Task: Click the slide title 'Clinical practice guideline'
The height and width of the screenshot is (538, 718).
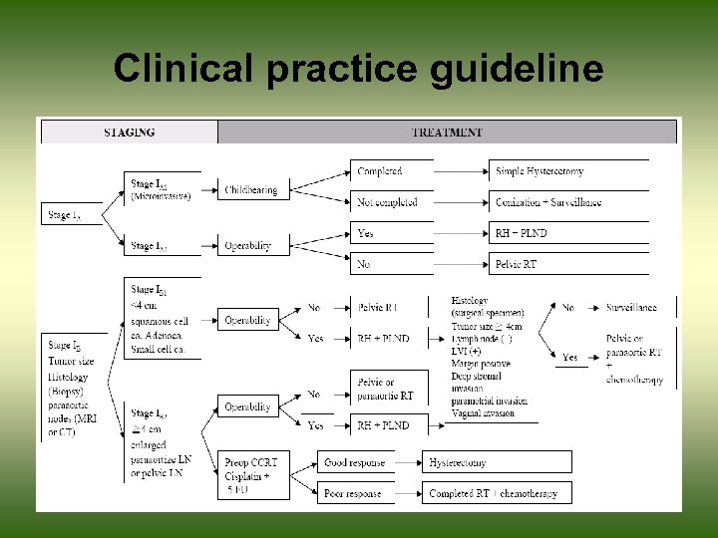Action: [358, 69]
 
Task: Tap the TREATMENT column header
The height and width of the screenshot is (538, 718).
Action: [447, 131]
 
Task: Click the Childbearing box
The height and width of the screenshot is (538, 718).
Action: [250, 189]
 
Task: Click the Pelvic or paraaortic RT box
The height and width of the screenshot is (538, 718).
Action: [389, 390]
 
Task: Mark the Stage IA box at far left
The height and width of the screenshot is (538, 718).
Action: [70, 214]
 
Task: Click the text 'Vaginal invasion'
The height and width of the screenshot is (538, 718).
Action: [483, 412]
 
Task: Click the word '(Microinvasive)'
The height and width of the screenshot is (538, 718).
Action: [160, 195]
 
